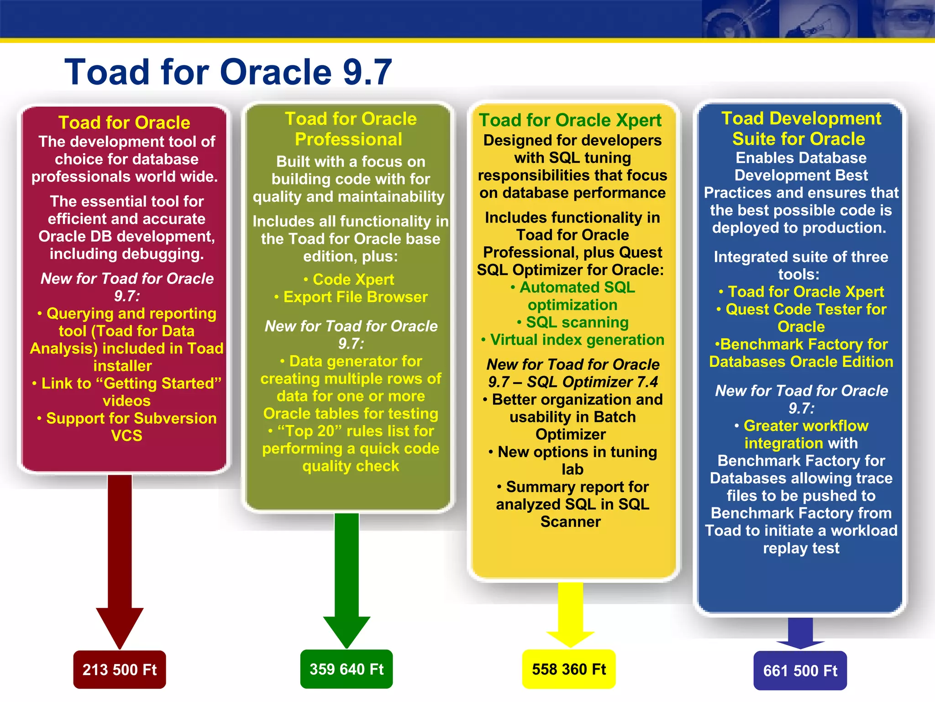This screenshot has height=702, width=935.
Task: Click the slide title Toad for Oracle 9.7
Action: point(228,72)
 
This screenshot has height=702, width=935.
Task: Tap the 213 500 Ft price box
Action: point(120,670)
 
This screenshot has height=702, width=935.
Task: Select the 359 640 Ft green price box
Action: point(347,669)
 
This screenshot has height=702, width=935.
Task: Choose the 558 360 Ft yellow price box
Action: point(569,669)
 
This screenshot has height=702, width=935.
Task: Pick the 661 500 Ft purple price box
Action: point(800,670)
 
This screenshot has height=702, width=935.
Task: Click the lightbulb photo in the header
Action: point(817,19)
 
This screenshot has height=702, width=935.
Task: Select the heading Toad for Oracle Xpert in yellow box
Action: point(570,120)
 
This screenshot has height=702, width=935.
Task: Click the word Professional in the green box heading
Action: point(348,139)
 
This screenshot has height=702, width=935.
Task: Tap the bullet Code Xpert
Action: point(353,279)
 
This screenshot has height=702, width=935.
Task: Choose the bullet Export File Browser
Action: point(355,297)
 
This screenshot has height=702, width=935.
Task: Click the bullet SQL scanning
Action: point(577,323)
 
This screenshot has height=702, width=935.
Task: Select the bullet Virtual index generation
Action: point(577,340)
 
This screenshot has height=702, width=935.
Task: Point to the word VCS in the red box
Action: point(126,436)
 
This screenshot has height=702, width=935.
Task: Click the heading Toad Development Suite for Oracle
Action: point(801,128)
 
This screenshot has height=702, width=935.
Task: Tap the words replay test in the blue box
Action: point(801,548)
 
